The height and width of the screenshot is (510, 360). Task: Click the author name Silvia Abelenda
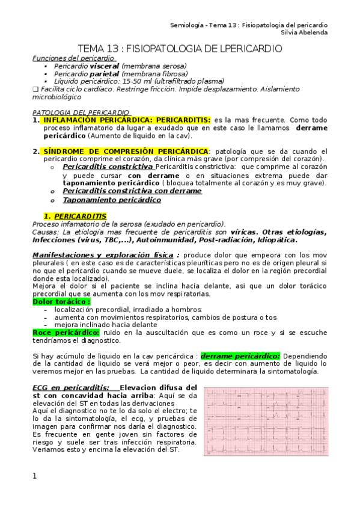307,32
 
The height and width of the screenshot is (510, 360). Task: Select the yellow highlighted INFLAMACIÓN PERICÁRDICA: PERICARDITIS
127,120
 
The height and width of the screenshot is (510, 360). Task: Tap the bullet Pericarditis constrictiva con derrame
132,191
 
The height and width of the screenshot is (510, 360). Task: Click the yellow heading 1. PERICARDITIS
75,215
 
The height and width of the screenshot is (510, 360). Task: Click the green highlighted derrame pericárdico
240,356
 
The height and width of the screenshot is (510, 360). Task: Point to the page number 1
35,476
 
